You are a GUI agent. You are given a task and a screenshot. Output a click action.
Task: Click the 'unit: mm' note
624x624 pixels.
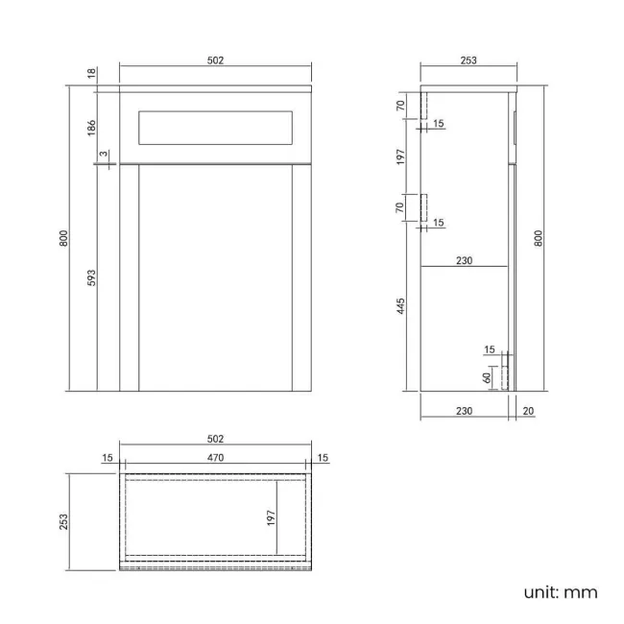[x=561, y=592]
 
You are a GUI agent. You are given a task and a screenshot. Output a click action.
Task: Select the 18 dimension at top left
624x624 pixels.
[x=91, y=73]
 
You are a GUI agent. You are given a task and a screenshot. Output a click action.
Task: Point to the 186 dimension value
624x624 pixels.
[x=91, y=128]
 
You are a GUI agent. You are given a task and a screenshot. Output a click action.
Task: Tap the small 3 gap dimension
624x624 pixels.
[x=104, y=154]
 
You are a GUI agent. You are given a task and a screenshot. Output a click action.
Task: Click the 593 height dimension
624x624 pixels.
[x=91, y=277]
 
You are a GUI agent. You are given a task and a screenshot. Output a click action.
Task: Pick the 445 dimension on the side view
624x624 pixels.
[x=400, y=306]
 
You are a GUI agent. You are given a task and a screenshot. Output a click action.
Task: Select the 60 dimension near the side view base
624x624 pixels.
[x=487, y=377]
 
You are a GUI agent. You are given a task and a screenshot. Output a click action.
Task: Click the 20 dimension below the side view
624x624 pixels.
[x=528, y=411]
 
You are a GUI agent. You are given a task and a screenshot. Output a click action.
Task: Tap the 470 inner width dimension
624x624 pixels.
[x=215, y=458]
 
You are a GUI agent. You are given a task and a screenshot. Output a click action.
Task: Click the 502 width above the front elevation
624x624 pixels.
[x=215, y=60]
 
